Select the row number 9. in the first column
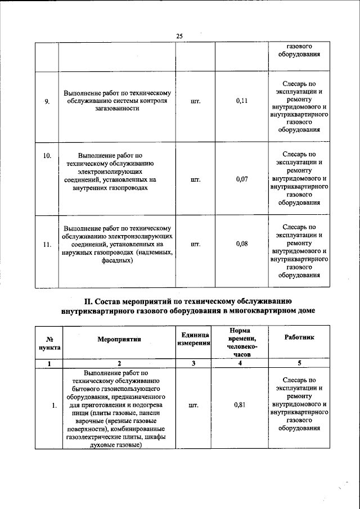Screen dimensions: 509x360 pyautogui.click(x=47, y=101)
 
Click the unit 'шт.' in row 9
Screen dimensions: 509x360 pyautogui.click(x=196, y=101)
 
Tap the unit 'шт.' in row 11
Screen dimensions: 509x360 pyautogui.click(x=196, y=244)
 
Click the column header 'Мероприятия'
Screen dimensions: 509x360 pyautogui.click(x=119, y=339)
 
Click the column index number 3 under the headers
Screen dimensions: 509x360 pyautogui.click(x=193, y=364)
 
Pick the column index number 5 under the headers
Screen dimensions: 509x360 pyautogui.click(x=299, y=364)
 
